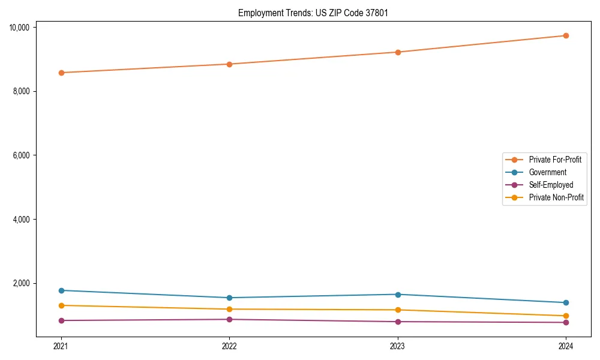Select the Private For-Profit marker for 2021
[61, 73]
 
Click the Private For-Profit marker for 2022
[229, 64]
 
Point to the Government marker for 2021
[61, 290]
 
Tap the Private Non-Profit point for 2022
[229, 309]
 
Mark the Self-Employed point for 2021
[61, 320]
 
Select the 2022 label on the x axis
[229, 346]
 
